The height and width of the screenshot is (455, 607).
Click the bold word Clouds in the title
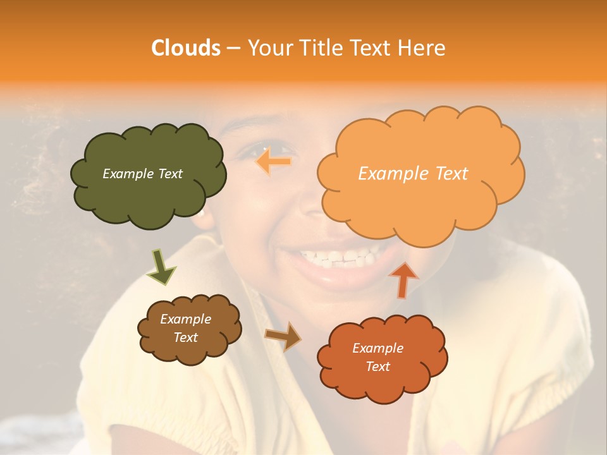pyautogui.click(x=186, y=48)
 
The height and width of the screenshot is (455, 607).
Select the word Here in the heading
pyautogui.click(x=423, y=48)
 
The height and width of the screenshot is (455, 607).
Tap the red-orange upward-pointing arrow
pyautogui.click(x=403, y=279)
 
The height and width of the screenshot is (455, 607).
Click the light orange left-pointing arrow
pyautogui.click(x=273, y=161)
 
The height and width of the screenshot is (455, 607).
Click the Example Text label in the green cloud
pyautogui.click(x=142, y=174)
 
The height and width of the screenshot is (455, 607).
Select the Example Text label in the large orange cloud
pyautogui.click(x=413, y=174)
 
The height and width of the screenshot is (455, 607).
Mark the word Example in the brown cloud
pyautogui.click(x=185, y=319)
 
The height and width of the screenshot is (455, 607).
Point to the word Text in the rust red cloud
pyautogui.click(x=377, y=367)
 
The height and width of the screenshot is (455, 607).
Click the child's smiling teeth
pyautogui.click(x=338, y=257)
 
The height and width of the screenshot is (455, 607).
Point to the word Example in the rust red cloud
pyautogui.click(x=377, y=348)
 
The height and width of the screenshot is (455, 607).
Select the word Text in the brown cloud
pyautogui.click(x=185, y=337)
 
